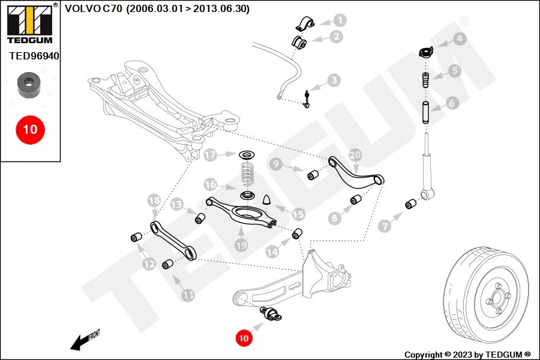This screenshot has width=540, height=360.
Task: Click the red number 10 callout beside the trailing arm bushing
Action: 243,338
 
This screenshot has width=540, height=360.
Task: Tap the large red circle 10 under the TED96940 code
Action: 30,128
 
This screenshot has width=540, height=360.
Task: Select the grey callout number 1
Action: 340,20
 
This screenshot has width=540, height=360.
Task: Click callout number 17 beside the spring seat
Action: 209,155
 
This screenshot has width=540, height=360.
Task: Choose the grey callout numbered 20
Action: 355,155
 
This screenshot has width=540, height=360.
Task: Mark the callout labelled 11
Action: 188,295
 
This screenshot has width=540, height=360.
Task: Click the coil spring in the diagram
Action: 247,174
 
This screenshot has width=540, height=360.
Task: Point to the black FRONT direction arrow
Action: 84,340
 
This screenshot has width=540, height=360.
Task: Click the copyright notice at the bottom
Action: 467,354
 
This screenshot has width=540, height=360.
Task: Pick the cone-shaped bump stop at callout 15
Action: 267,199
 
